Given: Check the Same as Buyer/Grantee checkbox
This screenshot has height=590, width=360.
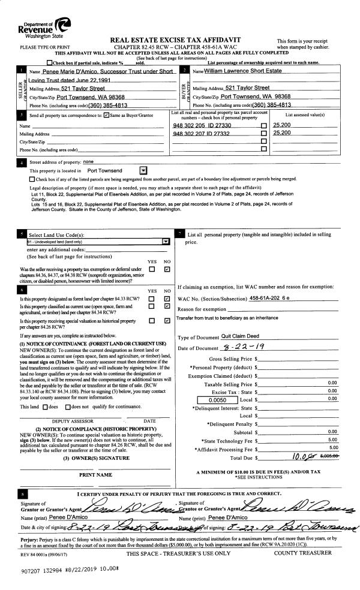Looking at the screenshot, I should coord(106,114).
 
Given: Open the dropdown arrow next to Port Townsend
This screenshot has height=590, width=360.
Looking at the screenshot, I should coord(142,170).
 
